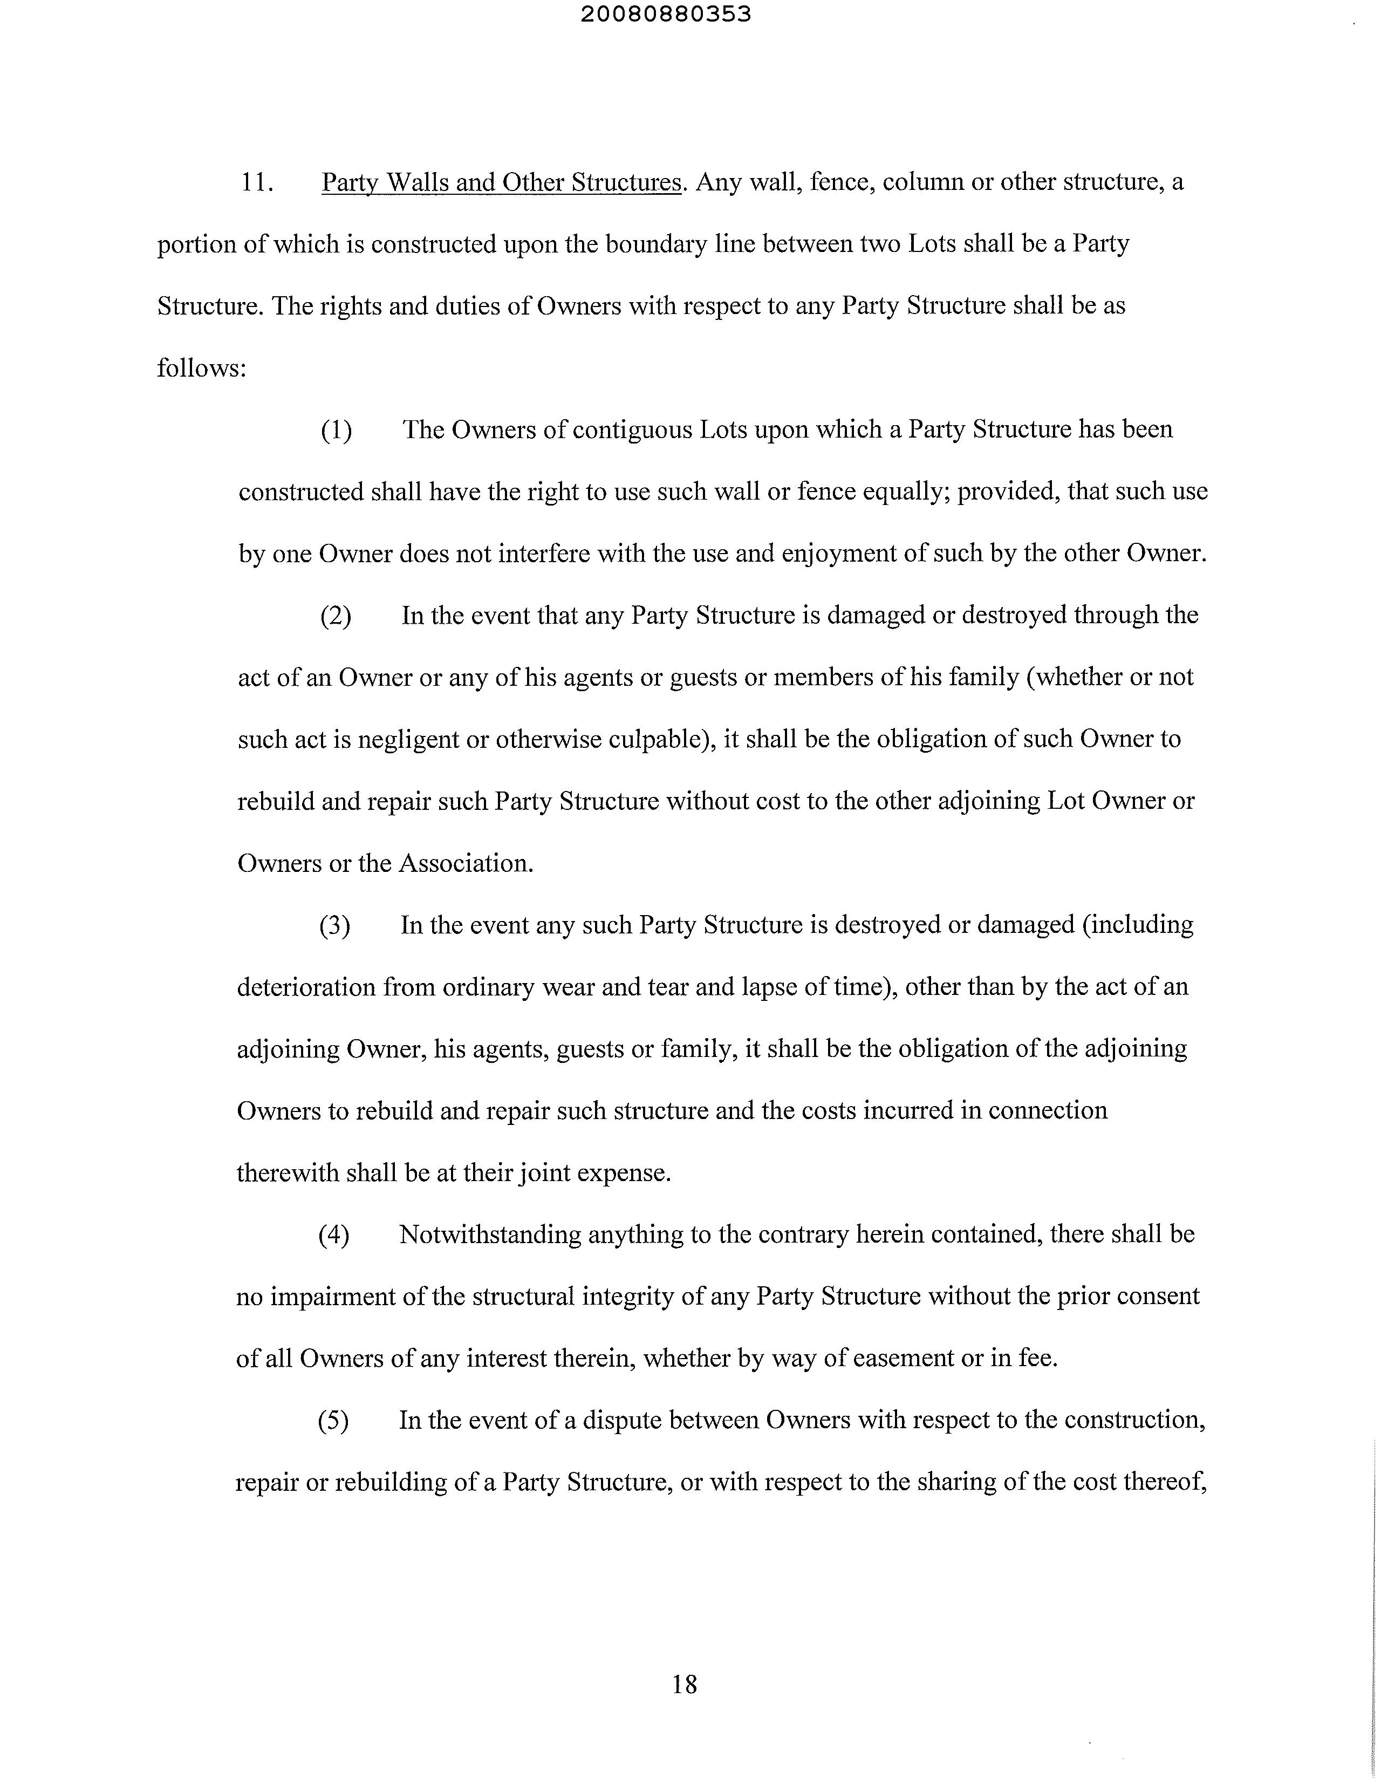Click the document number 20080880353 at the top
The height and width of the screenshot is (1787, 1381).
666,15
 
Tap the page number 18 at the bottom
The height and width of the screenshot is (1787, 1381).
684,1684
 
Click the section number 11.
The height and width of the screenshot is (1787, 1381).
256,182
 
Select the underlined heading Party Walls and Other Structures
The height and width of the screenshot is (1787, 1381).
501,182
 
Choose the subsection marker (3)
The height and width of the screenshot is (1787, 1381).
334,925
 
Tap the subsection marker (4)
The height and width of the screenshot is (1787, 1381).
334,1234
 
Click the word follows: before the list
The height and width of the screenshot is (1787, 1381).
201,368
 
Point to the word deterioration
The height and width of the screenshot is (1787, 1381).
305,987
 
